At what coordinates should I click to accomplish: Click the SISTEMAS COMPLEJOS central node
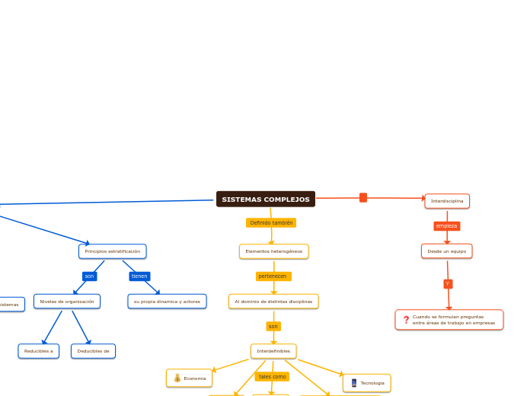tap(266, 200)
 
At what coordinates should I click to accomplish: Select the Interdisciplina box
tap(447, 201)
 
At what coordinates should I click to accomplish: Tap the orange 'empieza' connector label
tap(447, 226)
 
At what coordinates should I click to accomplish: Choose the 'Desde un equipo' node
tap(447, 251)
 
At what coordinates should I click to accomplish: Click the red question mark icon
tap(406, 320)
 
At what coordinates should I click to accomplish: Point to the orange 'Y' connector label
tap(448, 284)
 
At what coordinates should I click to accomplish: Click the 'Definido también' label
tap(271, 223)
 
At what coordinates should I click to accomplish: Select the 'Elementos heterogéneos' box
tap(273, 251)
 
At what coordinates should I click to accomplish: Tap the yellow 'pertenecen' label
tap(273, 276)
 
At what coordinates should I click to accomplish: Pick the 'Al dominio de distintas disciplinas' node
tap(273, 302)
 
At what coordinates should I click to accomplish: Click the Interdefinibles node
tap(273, 351)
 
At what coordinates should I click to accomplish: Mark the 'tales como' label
tap(272, 377)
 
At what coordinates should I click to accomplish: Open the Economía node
tap(190, 378)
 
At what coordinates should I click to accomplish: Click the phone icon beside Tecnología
tap(354, 383)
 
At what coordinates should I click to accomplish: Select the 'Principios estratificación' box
tap(113, 251)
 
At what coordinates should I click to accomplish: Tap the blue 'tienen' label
tap(139, 276)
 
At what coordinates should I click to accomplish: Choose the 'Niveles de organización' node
tap(67, 302)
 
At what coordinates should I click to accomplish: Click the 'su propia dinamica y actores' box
tap(167, 302)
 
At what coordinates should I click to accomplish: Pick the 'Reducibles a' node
tap(39, 351)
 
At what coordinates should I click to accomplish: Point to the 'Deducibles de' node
tap(93, 351)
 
